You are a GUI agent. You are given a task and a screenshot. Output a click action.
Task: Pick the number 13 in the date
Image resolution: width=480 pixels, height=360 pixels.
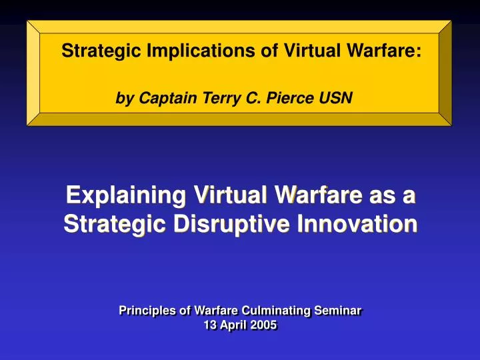pyautogui.click(x=210, y=326)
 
